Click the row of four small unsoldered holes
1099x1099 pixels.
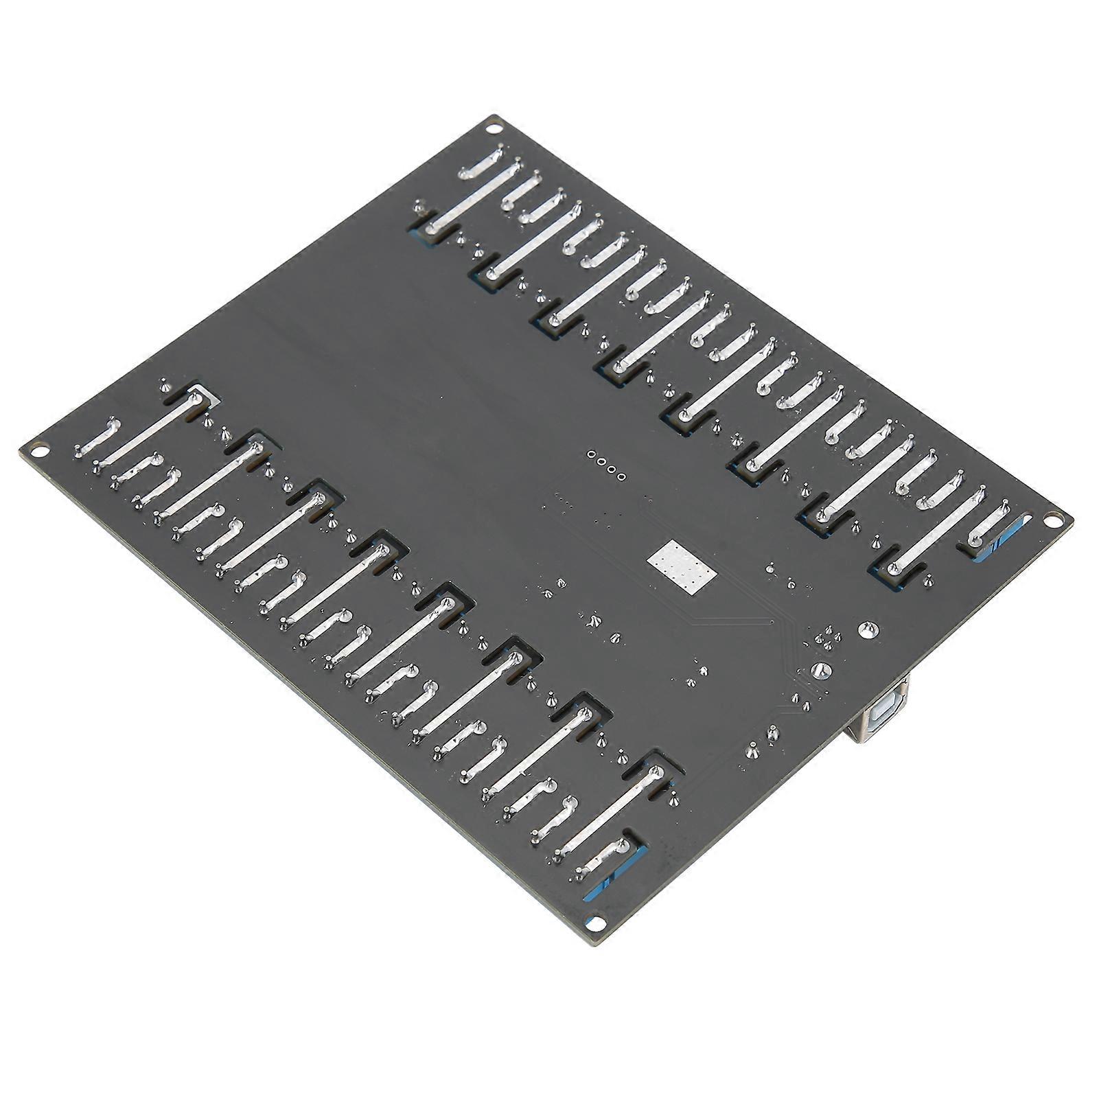pyautogui.click(x=606, y=465)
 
